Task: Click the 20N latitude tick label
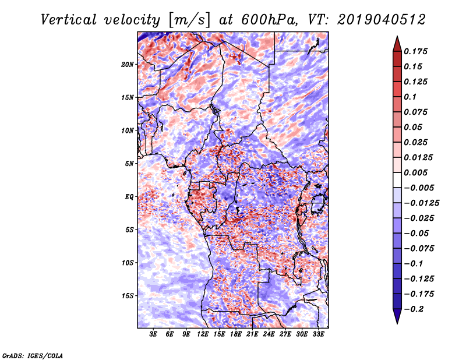[128, 64]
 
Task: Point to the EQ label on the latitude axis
[129, 196]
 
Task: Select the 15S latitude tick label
[128, 295]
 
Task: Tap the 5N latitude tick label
[129, 163]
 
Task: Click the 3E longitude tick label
[154, 334]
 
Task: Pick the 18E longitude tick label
[236, 334]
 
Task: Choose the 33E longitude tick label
[318, 334]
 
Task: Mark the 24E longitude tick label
[269, 334]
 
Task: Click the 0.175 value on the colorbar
[418, 51]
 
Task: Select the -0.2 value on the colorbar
[416, 309]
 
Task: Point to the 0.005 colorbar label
[418, 172]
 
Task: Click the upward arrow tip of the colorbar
[396, 38]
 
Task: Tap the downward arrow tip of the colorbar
[396, 322]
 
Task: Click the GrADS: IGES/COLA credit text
[33, 355]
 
